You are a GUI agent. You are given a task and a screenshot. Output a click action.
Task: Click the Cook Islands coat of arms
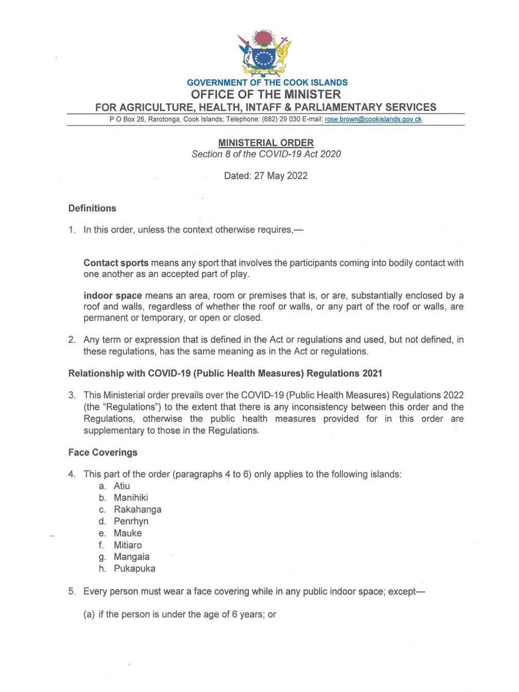264,53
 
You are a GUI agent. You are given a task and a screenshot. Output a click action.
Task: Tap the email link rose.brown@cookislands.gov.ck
373,119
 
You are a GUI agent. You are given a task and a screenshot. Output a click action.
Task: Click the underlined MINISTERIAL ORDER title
266,143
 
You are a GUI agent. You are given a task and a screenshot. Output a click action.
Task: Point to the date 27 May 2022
281,176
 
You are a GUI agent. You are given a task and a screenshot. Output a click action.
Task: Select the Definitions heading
92,209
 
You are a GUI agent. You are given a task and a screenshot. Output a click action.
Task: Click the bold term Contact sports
116,263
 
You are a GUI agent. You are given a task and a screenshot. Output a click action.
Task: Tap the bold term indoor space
112,296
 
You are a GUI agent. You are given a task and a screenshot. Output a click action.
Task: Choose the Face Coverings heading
103,453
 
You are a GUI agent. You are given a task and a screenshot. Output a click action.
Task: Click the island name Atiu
122,486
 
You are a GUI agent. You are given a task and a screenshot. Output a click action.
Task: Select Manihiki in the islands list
131,498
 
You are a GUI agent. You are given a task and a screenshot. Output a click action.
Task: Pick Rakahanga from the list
137,510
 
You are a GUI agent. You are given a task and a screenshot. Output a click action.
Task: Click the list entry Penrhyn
131,522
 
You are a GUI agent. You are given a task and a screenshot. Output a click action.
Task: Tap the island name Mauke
128,533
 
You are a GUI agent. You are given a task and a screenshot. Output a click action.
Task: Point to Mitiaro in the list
128,545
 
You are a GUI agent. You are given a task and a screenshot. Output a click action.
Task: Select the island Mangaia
131,557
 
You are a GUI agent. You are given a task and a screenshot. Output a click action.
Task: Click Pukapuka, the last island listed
134,569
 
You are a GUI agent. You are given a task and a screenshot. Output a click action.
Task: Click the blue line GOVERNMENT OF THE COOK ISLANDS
267,82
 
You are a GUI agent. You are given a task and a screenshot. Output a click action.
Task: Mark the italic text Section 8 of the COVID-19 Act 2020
266,154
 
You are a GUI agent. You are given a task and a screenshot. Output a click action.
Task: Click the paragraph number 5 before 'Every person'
71,592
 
